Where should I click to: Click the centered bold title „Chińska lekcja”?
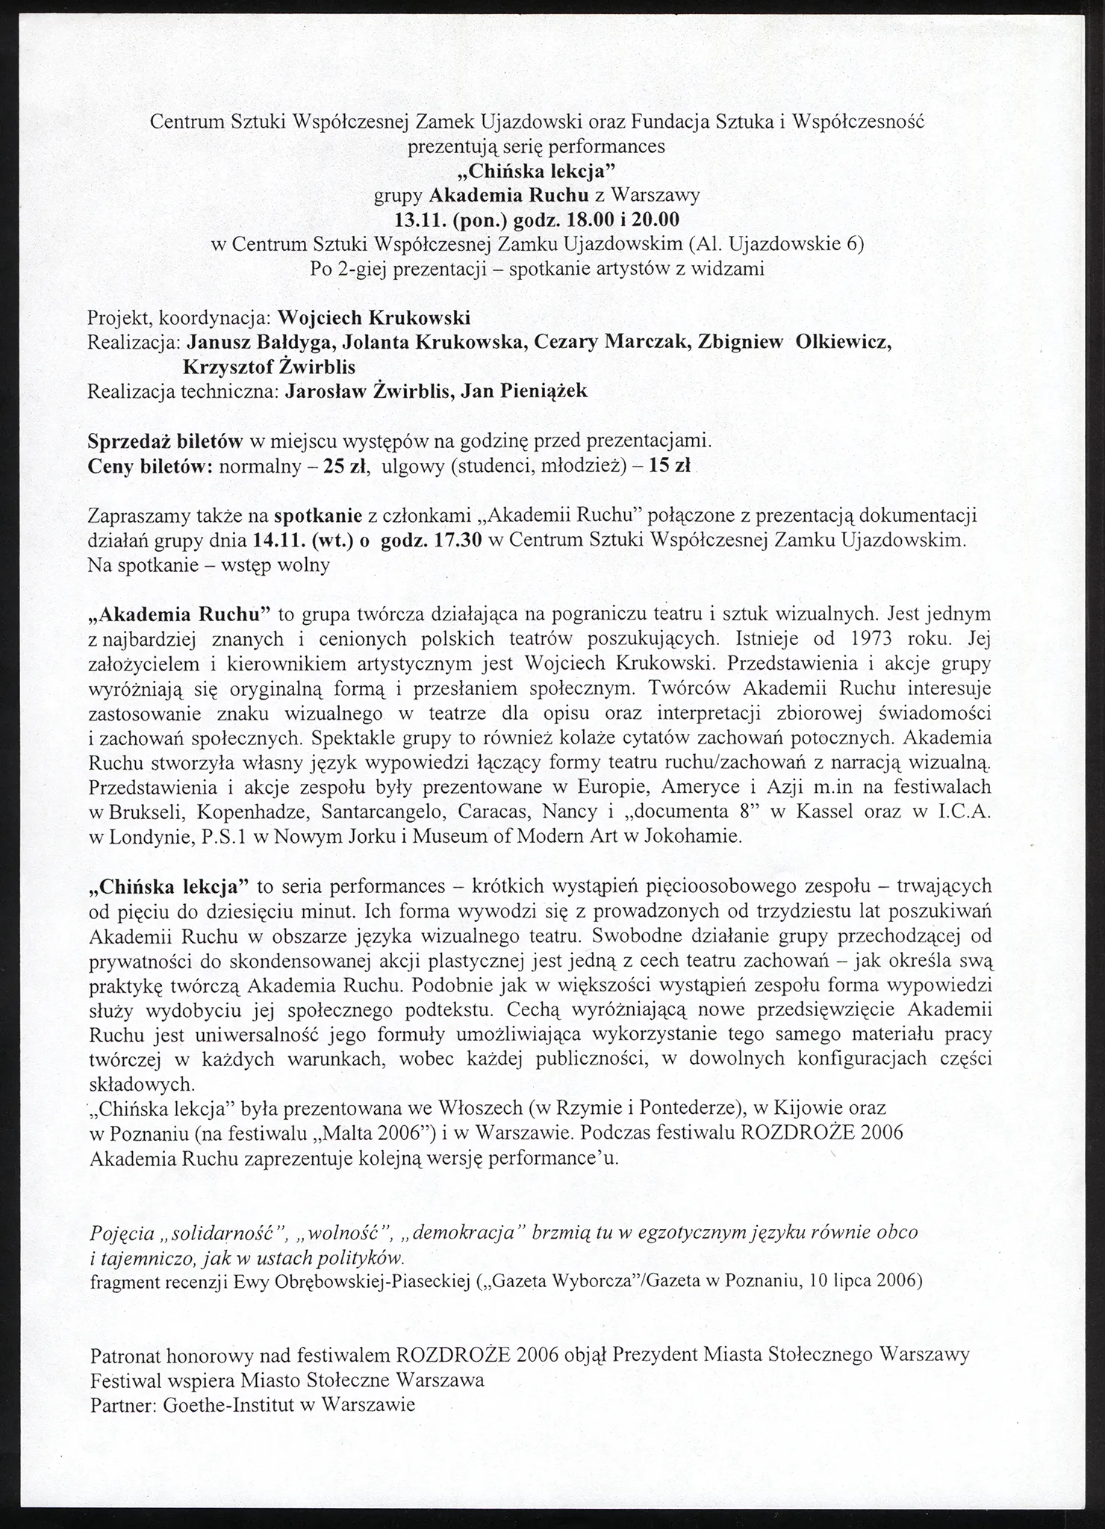537,171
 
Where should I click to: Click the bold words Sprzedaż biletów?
165,441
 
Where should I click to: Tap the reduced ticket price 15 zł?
669,466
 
